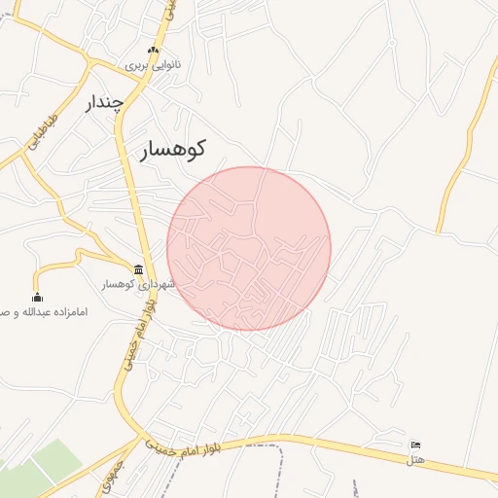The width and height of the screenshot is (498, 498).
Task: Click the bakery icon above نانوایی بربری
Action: (x=152, y=51)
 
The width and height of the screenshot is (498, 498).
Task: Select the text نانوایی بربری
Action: (x=152, y=66)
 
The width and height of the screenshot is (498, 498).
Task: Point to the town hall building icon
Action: (x=139, y=269)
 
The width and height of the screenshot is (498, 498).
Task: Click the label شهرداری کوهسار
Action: (x=139, y=285)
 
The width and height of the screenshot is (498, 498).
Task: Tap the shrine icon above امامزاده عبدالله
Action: (x=37, y=298)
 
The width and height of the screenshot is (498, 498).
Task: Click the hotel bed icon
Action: (x=416, y=445)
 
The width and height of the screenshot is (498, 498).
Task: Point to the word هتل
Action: (x=417, y=458)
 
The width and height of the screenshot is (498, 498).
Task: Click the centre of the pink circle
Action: (x=249, y=248)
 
